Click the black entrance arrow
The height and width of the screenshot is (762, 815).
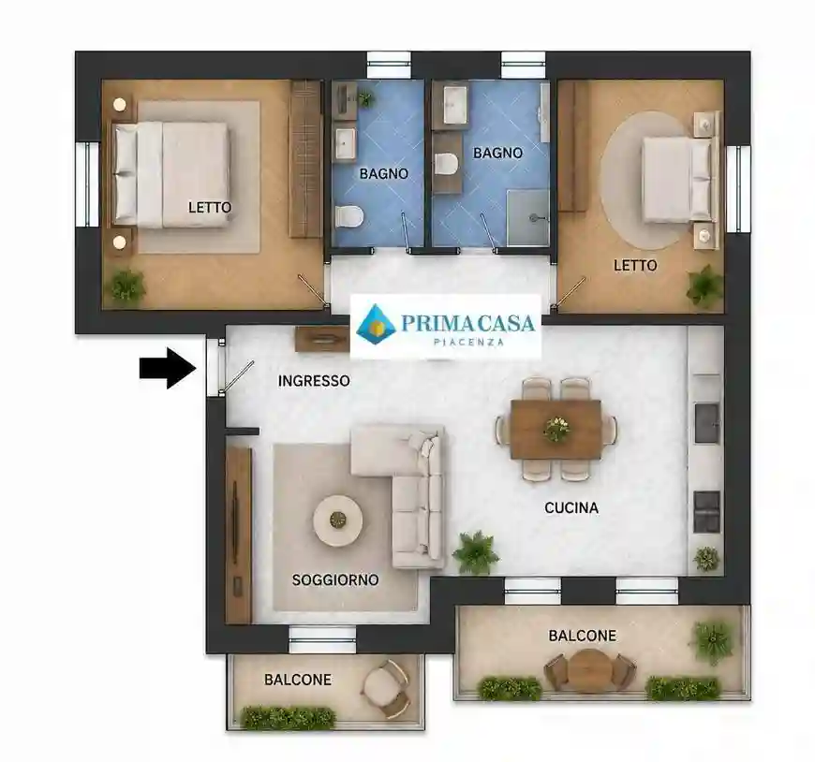click(x=168, y=368)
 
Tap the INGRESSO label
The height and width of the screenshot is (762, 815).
click(x=314, y=381)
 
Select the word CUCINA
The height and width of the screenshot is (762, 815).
click(x=571, y=507)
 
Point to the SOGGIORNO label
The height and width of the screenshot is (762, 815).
click(x=335, y=579)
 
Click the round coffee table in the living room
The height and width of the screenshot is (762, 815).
click(x=338, y=520)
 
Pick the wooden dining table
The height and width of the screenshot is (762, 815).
click(x=556, y=430)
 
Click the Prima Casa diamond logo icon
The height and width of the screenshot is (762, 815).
click(x=376, y=323)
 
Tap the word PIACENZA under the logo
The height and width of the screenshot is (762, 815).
click(x=468, y=342)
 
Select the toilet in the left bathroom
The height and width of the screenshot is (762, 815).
click(x=348, y=216)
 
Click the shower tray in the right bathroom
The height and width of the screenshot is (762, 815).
click(x=527, y=217)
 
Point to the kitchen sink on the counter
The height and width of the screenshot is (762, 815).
click(x=707, y=423)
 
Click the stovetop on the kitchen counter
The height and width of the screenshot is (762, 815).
click(x=707, y=512)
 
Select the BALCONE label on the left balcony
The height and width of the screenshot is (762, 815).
click(x=298, y=680)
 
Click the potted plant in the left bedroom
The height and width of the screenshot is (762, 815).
click(x=126, y=286)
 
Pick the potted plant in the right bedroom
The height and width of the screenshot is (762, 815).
click(x=704, y=286)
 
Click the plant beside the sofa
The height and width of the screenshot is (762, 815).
click(x=475, y=552)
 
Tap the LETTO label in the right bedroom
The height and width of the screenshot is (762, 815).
click(x=635, y=266)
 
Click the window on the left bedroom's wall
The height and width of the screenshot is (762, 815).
click(x=87, y=183)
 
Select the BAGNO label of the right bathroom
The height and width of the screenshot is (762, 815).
click(x=497, y=153)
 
